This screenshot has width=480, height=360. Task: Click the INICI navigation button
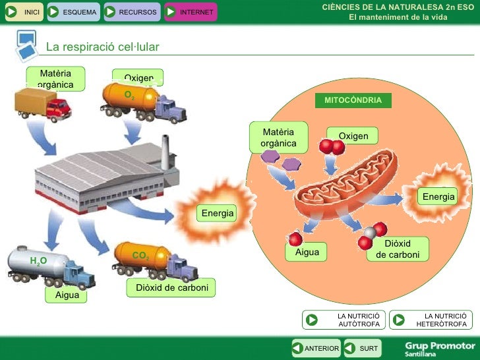pos(24,12)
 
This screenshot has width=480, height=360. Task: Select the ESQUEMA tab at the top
pos(73,12)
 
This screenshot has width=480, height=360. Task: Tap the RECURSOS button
pos(131,12)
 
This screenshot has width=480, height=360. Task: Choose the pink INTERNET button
pos(190,12)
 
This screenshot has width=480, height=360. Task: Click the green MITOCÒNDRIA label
pos(353,100)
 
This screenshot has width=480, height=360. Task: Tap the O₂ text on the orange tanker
pos(129,95)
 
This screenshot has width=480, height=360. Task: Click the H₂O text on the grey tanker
pos(38,262)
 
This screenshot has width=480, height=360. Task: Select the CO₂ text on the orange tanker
pos(140,255)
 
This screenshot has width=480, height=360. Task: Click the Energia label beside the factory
pos(218,214)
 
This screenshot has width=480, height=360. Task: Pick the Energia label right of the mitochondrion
pos(438,196)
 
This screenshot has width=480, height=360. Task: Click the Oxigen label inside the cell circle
pos(353,136)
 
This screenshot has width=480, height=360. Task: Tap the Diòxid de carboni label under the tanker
pos(171,288)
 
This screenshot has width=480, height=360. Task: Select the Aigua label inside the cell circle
pos(307,253)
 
